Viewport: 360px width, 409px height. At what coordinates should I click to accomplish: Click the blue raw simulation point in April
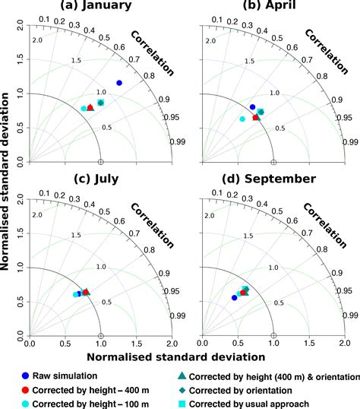252,107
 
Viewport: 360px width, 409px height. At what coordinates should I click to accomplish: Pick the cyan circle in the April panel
242,119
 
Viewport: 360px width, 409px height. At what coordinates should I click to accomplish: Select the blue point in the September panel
234,298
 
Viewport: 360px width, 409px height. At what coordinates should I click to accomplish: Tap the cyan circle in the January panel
84,109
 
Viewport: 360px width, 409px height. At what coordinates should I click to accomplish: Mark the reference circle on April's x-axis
274,162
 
